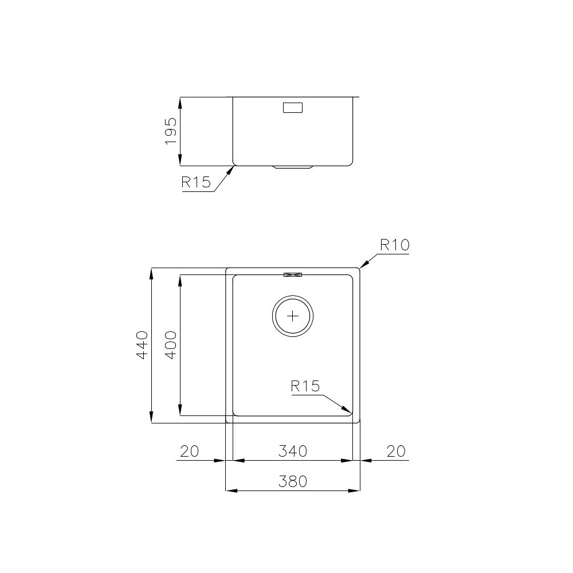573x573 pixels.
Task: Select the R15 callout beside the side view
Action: click(196, 183)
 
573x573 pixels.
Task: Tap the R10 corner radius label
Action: click(394, 246)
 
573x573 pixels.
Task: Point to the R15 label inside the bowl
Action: click(304, 386)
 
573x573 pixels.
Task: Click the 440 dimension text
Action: click(142, 344)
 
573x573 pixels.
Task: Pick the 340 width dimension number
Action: click(293, 452)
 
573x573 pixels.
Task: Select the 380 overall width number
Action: click(293, 482)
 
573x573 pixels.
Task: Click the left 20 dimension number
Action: click(189, 452)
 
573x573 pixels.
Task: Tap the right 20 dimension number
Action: click(395, 452)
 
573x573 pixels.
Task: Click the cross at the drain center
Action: click(293, 316)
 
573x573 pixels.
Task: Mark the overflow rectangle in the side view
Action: click(293, 108)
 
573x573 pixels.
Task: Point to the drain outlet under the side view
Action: click(293, 167)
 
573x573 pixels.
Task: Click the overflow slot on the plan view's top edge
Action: click(293, 275)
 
